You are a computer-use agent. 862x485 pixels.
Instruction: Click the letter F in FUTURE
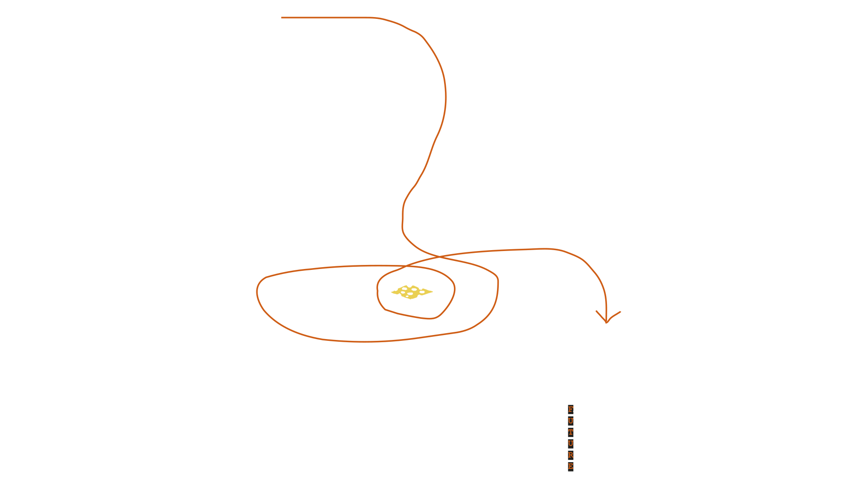click(x=571, y=410)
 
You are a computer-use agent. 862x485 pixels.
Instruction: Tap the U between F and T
click(x=571, y=421)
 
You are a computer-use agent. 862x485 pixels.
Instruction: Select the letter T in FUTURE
click(x=571, y=432)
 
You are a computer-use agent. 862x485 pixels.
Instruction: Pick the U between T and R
click(x=571, y=444)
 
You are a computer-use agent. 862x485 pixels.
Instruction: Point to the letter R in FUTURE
click(x=571, y=455)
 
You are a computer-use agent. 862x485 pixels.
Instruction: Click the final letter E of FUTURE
click(x=571, y=467)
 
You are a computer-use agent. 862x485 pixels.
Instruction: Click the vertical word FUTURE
click(x=571, y=438)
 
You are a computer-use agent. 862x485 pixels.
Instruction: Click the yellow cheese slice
click(x=412, y=292)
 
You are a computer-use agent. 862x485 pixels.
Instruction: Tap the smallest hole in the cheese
click(x=407, y=296)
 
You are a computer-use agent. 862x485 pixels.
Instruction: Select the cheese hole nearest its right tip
click(x=422, y=292)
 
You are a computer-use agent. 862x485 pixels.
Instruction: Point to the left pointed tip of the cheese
click(x=391, y=292)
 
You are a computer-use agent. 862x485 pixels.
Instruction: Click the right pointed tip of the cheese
click(x=432, y=292)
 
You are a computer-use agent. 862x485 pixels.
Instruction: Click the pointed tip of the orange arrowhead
click(x=606, y=322)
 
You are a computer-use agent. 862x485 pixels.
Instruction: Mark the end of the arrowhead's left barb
click(x=596, y=311)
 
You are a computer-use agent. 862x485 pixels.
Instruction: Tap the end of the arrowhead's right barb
click(x=620, y=312)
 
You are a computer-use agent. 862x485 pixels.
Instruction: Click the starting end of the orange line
click(x=281, y=18)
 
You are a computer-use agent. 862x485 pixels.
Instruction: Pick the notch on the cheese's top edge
click(x=409, y=287)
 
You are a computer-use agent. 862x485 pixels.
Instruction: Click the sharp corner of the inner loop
click(x=385, y=309)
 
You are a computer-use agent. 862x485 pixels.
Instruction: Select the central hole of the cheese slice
click(x=410, y=294)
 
